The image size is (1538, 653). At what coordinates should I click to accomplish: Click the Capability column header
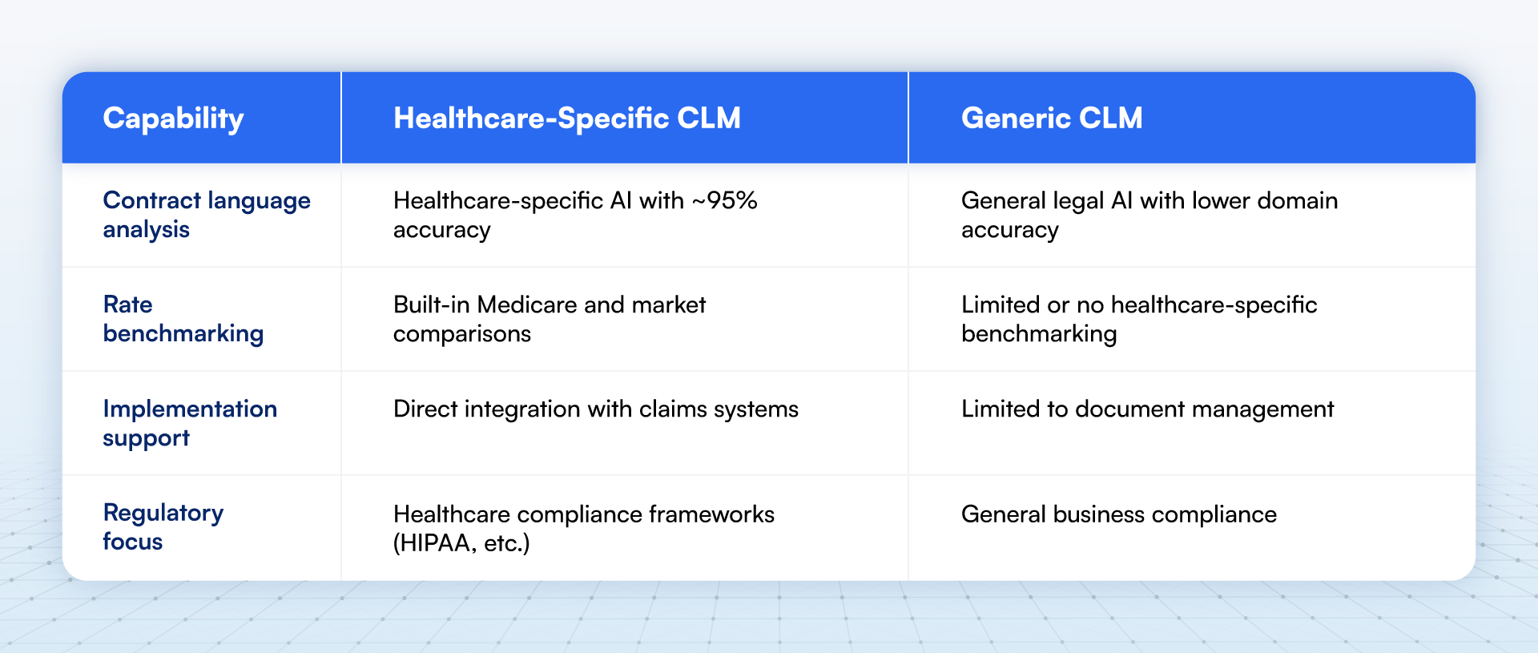click(173, 119)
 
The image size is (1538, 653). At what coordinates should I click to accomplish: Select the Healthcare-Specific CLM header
click(566, 119)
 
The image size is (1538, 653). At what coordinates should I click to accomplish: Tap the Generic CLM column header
click(1051, 119)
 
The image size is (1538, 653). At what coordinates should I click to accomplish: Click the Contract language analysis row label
click(206, 215)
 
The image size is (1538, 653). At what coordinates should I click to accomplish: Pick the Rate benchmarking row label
click(183, 319)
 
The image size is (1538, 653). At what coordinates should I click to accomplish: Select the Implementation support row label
click(190, 423)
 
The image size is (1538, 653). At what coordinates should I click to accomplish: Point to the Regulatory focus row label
click(163, 527)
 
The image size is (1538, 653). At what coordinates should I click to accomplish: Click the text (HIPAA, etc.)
click(461, 543)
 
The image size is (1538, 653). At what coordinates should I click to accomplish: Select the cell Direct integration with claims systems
click(595, 409)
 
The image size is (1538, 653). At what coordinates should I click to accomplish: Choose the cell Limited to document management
click(1147, 409)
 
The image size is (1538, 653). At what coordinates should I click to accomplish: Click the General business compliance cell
click(1118, 514)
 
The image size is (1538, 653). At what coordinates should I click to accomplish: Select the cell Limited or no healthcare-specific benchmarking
click(1138, 319)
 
